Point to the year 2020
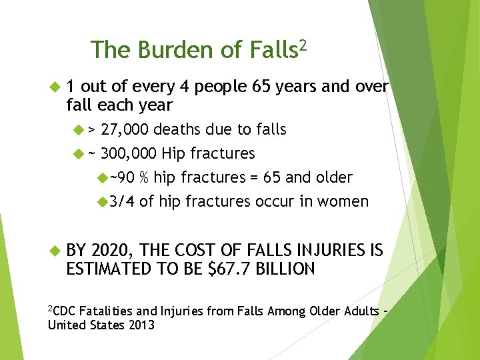[113, 250]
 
